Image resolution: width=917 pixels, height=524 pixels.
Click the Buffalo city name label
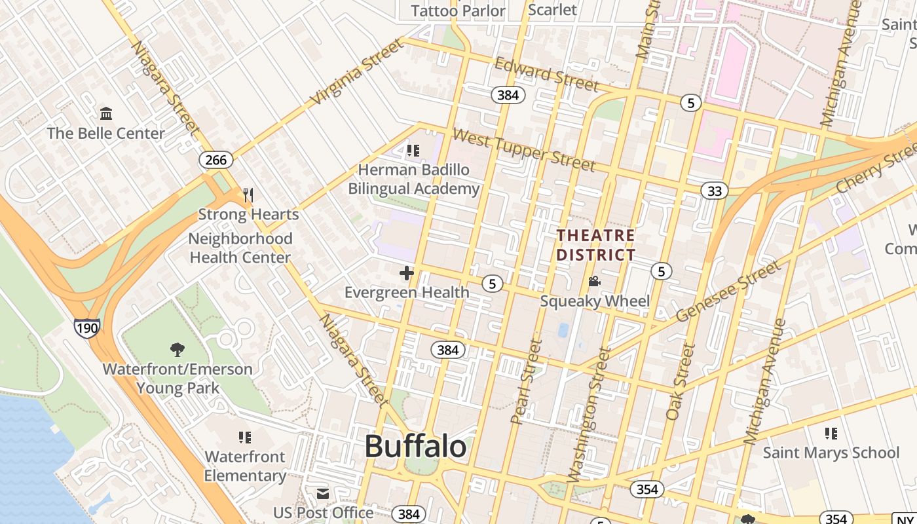pyautogui.click(x=415, y=447)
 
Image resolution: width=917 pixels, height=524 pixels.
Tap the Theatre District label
pyautogui.click(x=595, y=245)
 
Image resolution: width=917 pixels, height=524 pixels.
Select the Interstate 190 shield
pyautogui.click(x=86, y=328)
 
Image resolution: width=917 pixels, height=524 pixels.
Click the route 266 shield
pyautogui.click(x=215, y=160)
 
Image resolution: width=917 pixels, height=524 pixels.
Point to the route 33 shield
pyautogui.click(x=714, y=191)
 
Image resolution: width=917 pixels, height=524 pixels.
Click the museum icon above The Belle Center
pyautogui.click(x=106, y=114)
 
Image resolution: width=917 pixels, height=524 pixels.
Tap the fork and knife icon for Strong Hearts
pyautogui.click(x=248, y=195)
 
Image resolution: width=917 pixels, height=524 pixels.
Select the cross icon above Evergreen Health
pyautogui.click(x=407, y=272)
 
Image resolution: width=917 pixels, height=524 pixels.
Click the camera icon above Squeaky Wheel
pyautogui.click(x=595, y=282)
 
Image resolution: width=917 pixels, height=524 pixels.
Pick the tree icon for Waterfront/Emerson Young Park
pyautogui.click(x=177, y=349)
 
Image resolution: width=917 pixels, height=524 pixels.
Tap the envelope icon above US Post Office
pyautogui.click(x=323, y=494)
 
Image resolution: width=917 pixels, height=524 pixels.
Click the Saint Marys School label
pyautogui.click(x=831, y=453)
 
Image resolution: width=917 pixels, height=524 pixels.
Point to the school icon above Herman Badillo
pyautogui.click(x=413, y=151)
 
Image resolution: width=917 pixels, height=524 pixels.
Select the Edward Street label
pyautogui.click(x=546, y=74)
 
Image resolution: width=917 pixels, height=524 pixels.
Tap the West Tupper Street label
pyautogui.click(x=523, y=149)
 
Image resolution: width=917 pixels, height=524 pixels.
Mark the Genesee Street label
pyautogui.click(x=728, y=291)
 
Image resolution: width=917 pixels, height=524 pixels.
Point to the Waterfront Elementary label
pyautogui.click(x=245, y=466)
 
